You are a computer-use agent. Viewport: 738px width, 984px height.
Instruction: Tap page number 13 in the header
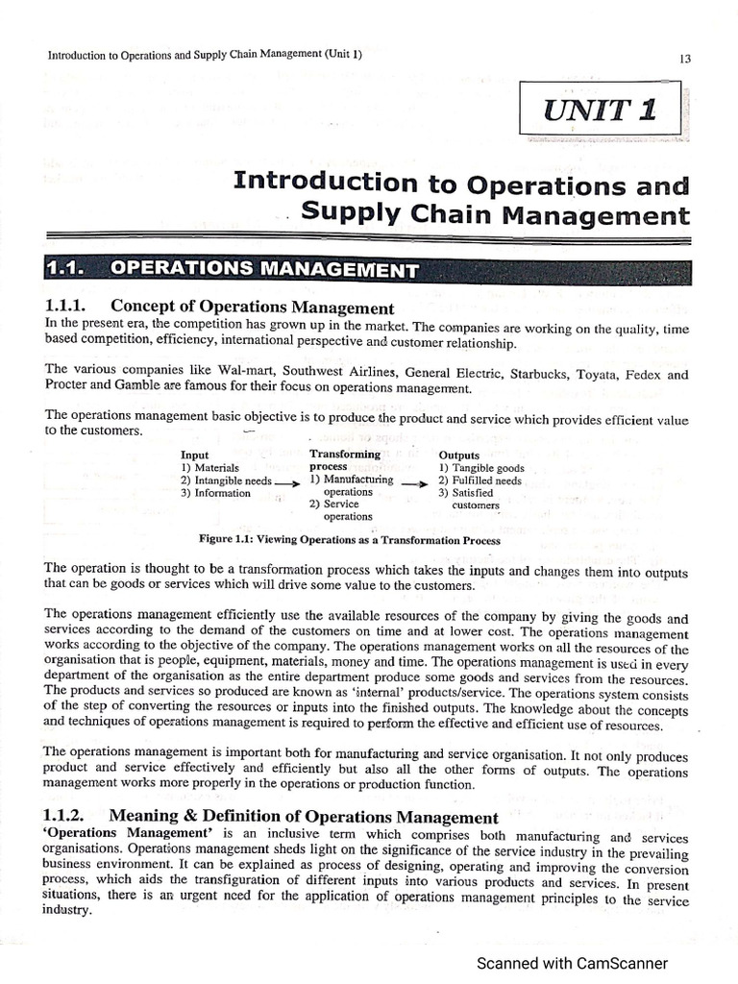684,58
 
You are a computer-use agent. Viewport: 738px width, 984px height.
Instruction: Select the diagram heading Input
195,455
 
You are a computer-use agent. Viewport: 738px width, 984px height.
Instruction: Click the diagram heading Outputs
460,455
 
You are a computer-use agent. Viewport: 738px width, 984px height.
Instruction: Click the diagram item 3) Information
215,493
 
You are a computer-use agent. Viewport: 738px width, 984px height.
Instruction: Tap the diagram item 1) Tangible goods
480,467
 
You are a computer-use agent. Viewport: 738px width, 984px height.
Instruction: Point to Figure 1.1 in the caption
225,540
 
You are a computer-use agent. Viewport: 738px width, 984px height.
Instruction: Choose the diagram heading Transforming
345,454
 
